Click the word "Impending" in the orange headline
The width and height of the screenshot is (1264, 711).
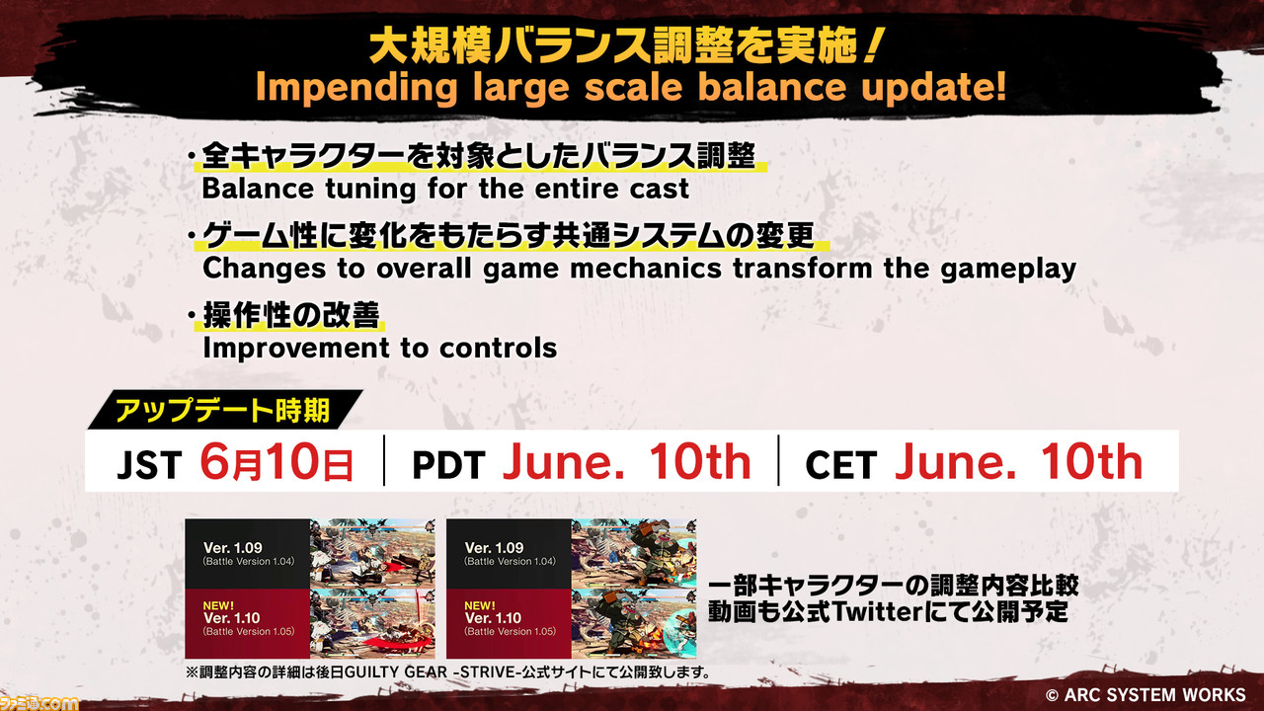tap(356, 89)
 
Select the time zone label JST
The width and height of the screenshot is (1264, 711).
tap(149, 465)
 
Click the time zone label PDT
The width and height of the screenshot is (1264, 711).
tap(448, 465)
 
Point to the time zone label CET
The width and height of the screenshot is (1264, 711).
tap(840, 465)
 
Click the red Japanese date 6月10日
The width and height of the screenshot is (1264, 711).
tap(276, 462)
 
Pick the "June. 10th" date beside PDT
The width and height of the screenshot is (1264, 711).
tap(626, 461)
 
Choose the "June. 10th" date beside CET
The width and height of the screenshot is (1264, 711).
tap(1018, 461)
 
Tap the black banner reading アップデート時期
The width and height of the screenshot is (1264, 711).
tap(224, 410)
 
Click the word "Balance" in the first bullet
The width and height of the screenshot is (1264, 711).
tap(258, 189)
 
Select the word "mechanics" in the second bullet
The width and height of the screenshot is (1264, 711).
tap(646, 268)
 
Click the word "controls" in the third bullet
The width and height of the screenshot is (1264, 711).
tap(499, 348)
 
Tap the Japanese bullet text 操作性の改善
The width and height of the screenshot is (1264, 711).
tap(291, 315)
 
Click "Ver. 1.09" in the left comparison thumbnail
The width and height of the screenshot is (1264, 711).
tap(232, 548)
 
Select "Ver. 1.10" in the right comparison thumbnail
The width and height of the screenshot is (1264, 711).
tap(493, 618)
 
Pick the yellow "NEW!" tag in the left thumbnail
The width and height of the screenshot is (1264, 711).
tap(218, 605)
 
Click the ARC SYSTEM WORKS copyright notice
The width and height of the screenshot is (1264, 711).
tap(1145, 694)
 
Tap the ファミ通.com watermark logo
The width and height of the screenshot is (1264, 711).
tap(39, 702)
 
